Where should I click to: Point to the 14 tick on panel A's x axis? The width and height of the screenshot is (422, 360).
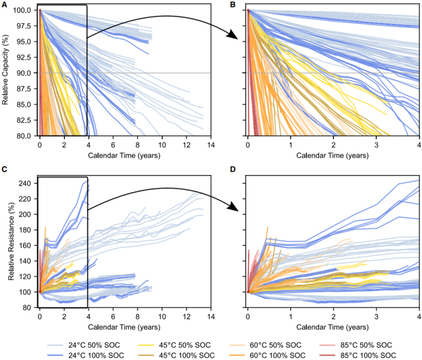point(210,145)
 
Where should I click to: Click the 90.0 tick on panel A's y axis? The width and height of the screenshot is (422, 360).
point(25,73)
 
